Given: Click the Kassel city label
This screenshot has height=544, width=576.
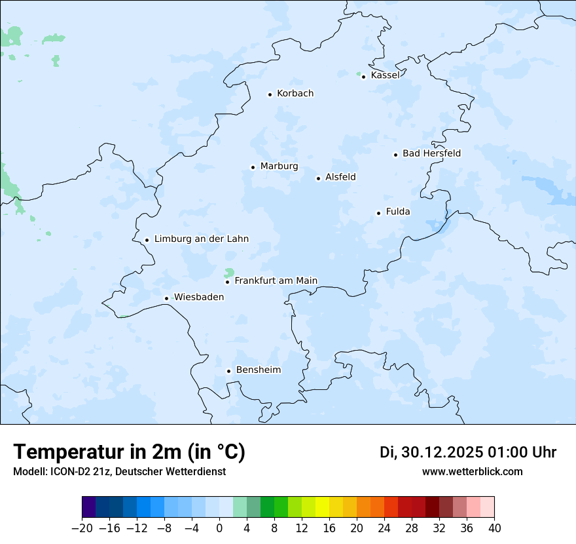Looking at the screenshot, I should tap(385, 75).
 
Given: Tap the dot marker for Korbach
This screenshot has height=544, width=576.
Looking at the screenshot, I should tap(270, 94).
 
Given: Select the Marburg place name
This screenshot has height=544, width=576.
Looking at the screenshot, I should tap(279, 166).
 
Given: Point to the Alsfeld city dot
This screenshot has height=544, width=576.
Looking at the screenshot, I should tap(319, 178).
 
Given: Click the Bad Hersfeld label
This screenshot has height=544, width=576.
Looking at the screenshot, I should tap(431, 153).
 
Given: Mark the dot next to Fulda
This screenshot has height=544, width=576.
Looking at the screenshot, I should tap(378, 213).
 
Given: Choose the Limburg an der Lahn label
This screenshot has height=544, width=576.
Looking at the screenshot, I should tap(201, 239).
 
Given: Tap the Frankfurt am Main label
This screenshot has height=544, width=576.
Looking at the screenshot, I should tap(276, 281).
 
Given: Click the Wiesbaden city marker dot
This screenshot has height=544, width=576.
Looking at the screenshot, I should tap(167, 298).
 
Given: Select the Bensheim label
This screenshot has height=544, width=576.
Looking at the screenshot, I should tap(258, 370).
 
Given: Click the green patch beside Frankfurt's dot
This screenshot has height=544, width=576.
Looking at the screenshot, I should tap(229, 272).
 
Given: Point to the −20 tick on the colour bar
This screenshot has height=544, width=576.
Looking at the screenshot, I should tap(82, 528).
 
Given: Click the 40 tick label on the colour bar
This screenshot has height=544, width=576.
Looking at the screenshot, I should tap(494, 528).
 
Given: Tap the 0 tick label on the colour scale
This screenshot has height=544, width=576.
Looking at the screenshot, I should tap(219, 528).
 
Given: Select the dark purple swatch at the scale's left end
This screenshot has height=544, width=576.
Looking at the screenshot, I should tap(89, 507).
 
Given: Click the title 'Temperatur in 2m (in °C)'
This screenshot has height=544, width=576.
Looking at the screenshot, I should tap(129, 452).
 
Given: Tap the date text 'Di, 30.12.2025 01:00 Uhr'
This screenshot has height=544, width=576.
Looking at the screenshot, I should tap(468, 452).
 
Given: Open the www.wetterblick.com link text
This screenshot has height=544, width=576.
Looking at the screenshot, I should tap(472, 471).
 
